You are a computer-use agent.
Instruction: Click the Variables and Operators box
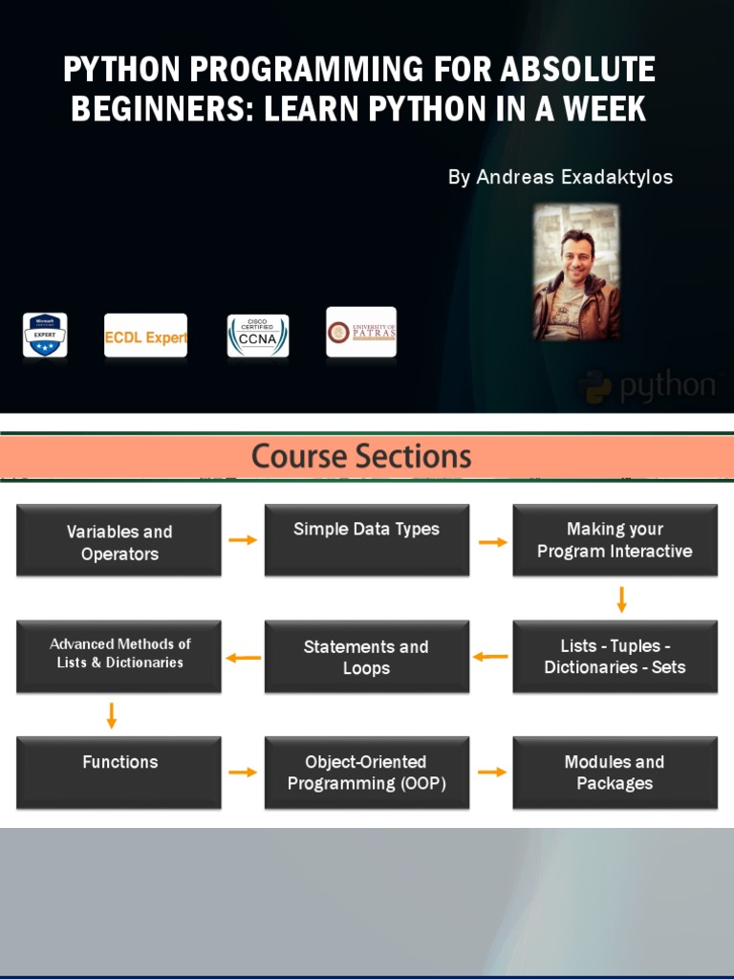coord(119,541)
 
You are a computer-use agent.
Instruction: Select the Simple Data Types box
coord(366,540)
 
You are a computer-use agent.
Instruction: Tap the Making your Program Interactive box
coord(615,540)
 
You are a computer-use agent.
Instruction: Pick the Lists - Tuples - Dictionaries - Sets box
coord(615,657)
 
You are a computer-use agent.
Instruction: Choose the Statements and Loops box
coord(366,657)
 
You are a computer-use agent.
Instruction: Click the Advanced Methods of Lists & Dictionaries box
coord(119,656)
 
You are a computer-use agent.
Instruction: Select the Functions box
coord(119,772)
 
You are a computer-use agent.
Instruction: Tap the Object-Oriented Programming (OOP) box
coord(366,772)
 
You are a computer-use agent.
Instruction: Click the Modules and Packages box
coord(615,772)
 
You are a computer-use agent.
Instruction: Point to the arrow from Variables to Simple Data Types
coord(243,540)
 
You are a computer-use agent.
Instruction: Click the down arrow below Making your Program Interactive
coord(621,599)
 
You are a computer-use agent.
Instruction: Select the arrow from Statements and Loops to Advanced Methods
coord(243,658)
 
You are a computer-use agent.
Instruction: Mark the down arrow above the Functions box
coord(112,715)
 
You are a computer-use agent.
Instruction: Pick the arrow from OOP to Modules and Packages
coord(491,772)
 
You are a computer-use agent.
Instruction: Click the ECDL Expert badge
coord(145,337)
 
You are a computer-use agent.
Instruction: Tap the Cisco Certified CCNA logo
coord(257,336)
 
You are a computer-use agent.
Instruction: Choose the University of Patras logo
coord(360,332)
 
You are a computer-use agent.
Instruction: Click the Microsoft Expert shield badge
coord(45,336)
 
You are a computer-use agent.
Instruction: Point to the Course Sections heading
coord(361,456)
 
